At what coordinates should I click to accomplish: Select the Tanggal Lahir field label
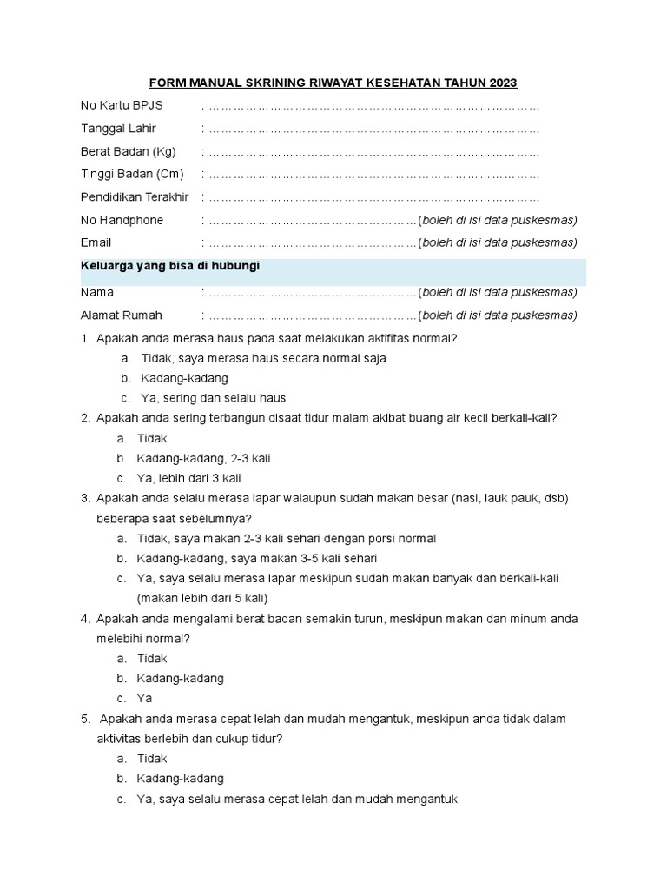pos(118,129)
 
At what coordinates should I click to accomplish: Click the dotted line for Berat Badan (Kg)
pos(373,152)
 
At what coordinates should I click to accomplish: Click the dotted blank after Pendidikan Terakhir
pos(373,198)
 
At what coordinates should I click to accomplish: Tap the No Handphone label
pos(122,221)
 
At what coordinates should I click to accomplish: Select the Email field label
pos(96,242)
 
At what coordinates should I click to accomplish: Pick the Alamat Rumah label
pos(121,315)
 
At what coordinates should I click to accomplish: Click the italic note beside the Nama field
pos(498,292)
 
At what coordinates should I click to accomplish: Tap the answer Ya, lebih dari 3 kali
pos(189,478)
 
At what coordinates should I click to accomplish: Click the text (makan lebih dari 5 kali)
pos(202,598)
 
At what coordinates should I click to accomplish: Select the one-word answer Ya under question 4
pos(145,698)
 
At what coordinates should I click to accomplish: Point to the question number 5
pos(85,719)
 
